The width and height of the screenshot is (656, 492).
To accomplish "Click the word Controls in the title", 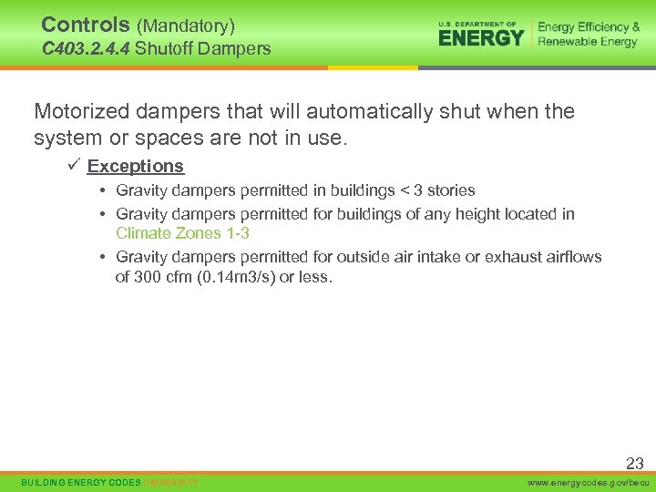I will (x=85, y=25).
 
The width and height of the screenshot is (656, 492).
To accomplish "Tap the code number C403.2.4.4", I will (x=87, y=48).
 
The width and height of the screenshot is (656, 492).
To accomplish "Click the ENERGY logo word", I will (x=481, y=37).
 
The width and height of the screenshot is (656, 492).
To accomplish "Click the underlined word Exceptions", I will (x=136, y=166).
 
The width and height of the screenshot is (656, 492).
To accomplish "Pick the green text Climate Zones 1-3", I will (x=182, y=233).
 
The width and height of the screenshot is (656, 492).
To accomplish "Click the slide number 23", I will (x=634, y=464).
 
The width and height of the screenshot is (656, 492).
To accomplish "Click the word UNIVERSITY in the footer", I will (x=170, y=482).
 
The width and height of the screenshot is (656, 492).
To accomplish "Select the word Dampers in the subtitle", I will (x=240, y=48).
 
